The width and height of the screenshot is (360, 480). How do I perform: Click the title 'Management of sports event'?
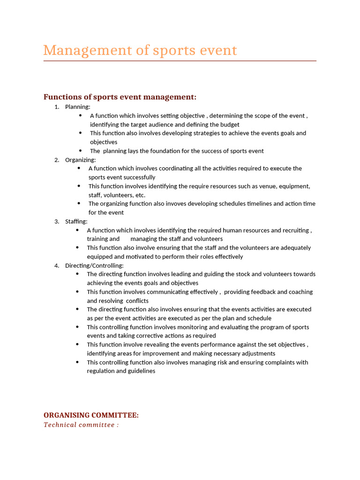(140, 50)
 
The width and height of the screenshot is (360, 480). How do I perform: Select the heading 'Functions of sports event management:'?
(120, 97)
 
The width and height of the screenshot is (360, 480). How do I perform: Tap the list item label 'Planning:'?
(78, 107)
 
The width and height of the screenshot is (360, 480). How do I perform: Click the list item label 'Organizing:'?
(80, 160)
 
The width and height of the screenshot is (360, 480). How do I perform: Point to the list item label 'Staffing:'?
(76, 221)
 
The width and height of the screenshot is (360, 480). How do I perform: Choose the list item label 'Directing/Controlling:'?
(94, 265)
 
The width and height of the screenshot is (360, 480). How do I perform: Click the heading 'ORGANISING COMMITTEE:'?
(91, 415)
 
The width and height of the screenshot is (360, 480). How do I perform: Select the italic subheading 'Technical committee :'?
(81, 425)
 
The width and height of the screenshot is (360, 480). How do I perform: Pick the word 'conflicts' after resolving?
(137, 301)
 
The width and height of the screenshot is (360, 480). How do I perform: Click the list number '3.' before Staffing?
(57, 221)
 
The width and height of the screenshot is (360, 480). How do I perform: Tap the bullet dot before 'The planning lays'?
(81, 151)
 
